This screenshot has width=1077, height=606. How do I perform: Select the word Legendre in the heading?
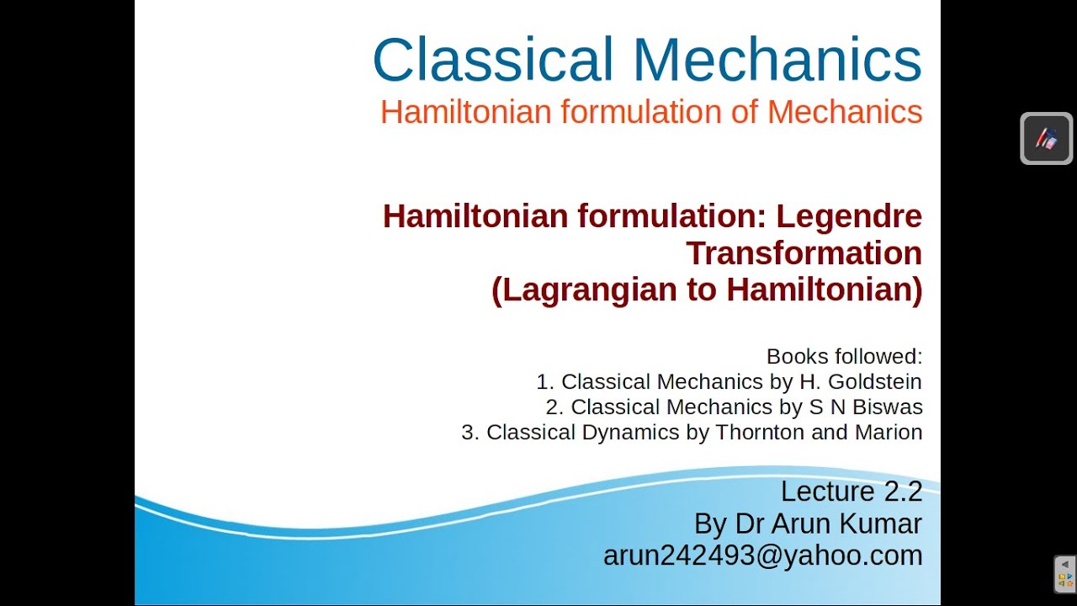point(848,216)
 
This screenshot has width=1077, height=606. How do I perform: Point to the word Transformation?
point(804,252)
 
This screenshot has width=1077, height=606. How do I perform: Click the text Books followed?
point(844,356)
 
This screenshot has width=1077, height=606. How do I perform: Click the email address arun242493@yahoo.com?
point(762,555)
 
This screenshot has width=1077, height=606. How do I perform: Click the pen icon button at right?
point(1046,138)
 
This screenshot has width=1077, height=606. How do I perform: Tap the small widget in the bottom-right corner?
point(1064,575)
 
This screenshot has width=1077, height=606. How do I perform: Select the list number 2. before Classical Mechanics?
point(554,407)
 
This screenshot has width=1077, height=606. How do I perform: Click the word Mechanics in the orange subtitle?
point(845,112)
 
